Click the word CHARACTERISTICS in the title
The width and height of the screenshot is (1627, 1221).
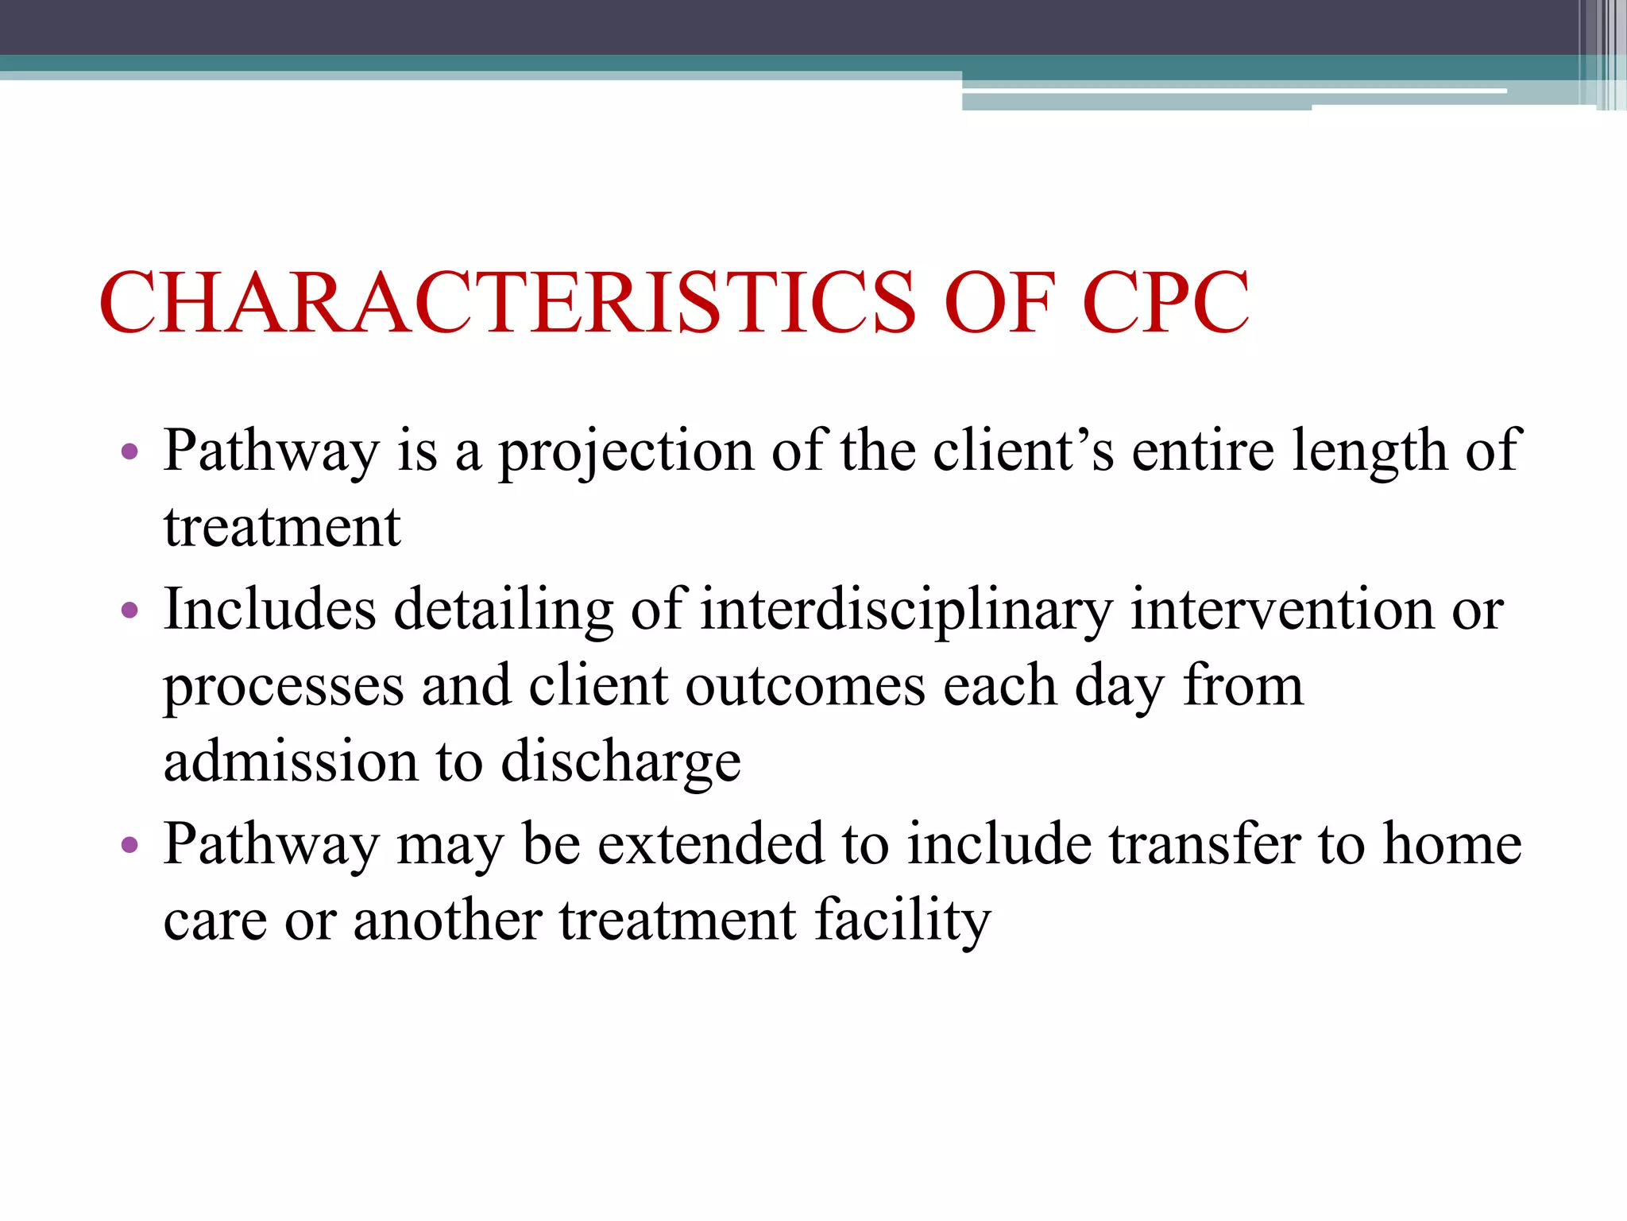[508, 303]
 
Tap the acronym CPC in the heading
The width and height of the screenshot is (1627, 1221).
[1165, 303]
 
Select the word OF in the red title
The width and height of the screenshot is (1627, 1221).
[999, 303]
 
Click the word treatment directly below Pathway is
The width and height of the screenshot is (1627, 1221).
[282, 527]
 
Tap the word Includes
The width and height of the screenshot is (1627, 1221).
[270, 610]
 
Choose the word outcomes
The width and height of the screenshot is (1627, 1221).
[806, 685]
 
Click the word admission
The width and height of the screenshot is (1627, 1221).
[291, 761]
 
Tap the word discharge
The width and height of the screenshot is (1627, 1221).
[621, 762]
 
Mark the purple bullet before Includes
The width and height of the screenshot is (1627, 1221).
[129, 611]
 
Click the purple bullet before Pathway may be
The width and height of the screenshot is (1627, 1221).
[129, 844]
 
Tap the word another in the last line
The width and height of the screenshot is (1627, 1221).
[447, 921]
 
